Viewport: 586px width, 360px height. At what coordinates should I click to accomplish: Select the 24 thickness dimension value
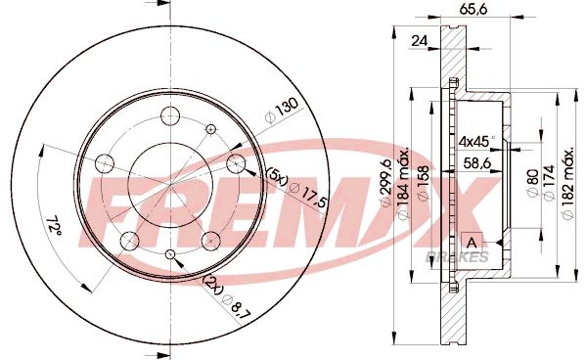(421, 41)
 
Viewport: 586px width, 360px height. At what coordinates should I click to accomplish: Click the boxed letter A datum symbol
(472, 242)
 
